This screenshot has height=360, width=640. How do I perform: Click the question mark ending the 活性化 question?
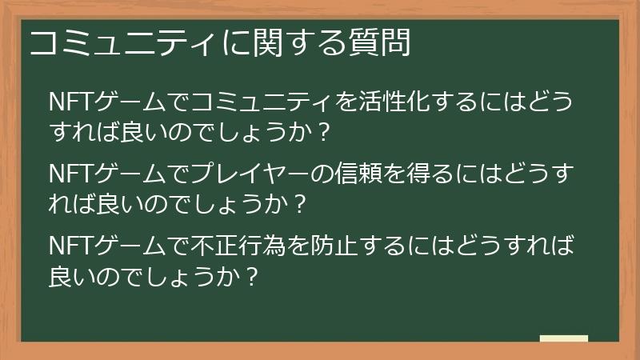tap(323, 131)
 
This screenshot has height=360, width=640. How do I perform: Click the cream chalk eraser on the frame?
tap(563, 339)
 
